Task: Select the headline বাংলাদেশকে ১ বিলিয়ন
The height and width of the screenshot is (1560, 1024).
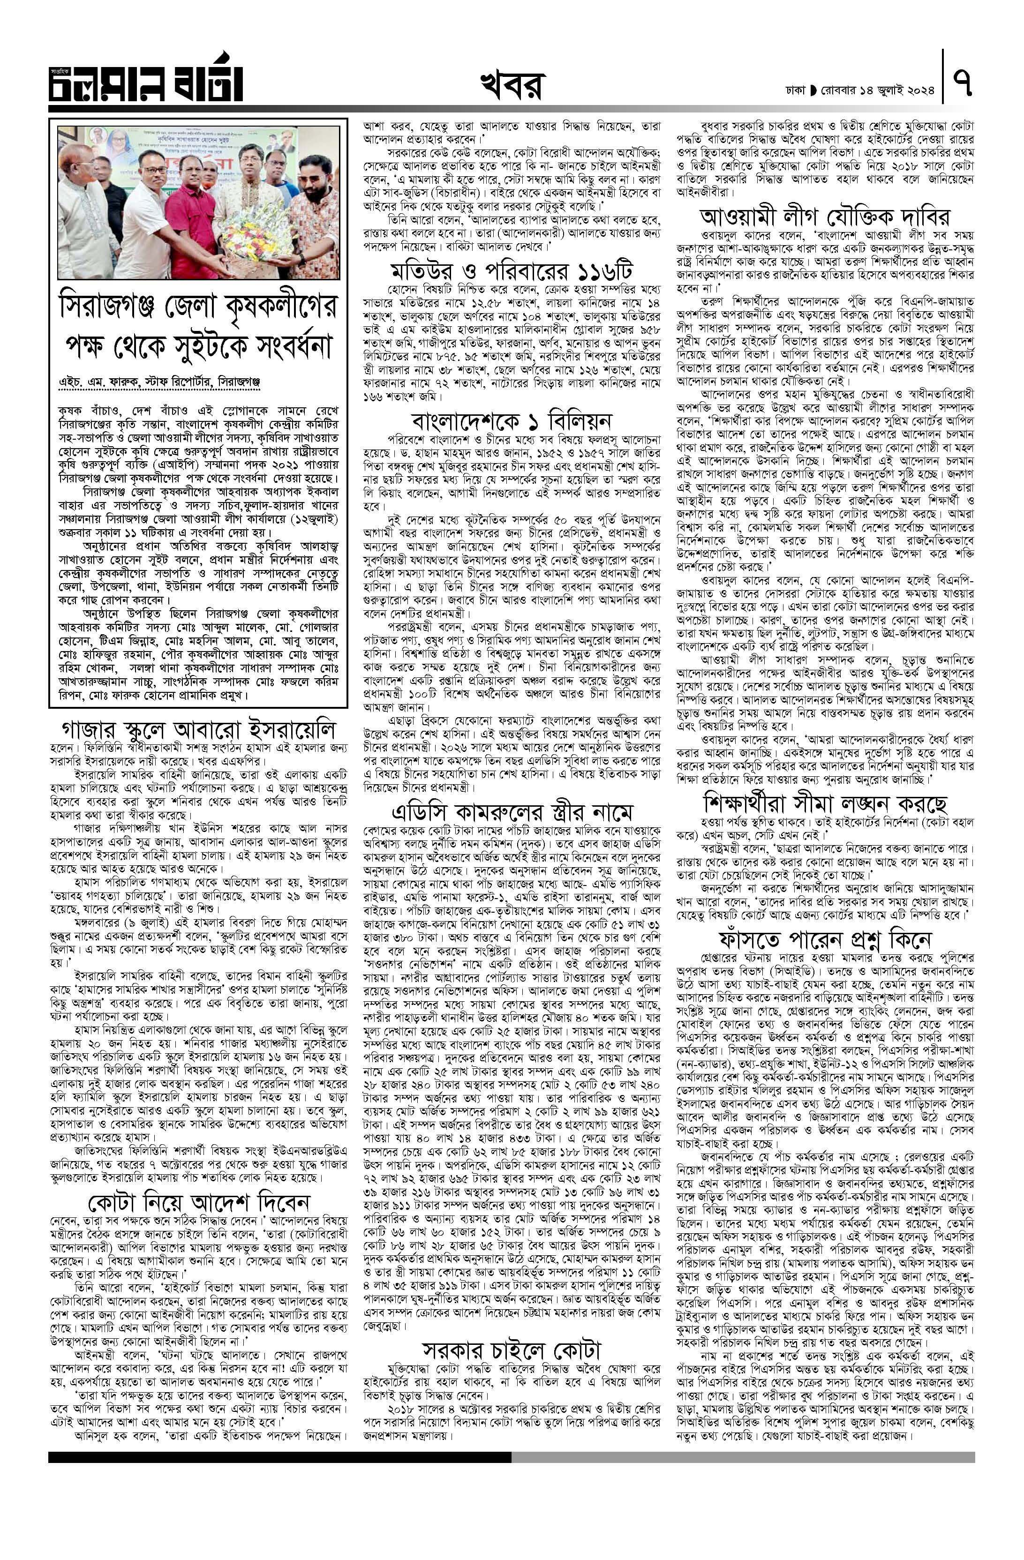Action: click(x=512, y=420)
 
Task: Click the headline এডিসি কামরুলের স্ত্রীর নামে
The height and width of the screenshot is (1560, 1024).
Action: click(x=512, y=813)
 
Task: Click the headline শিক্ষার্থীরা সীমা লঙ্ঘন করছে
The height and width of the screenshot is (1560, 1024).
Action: click(x=825, y=802)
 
